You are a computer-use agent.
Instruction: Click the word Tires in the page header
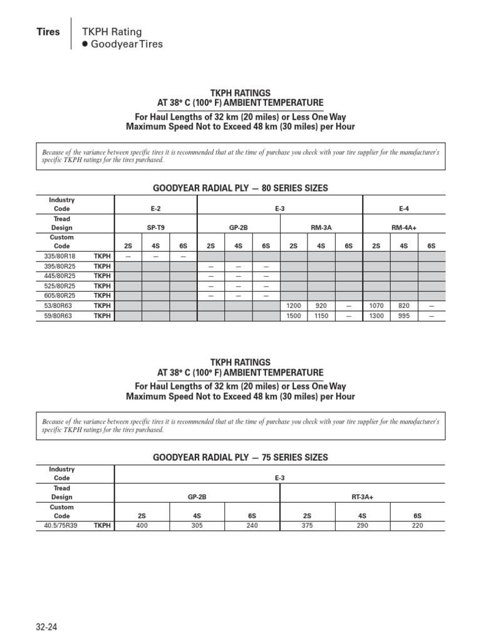48,32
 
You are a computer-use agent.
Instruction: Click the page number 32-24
48,627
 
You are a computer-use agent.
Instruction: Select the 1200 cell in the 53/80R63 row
294,305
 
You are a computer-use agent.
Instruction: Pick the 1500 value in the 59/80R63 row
294,315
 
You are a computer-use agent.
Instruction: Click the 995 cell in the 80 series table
403,315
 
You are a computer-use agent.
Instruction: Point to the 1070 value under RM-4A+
376,305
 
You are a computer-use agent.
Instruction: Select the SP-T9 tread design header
156,228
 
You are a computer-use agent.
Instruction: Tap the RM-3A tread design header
321,228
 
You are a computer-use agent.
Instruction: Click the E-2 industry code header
156,209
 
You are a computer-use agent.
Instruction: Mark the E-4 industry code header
404,209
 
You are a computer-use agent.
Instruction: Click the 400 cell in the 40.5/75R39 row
142,526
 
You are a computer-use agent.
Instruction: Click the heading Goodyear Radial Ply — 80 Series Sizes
240,188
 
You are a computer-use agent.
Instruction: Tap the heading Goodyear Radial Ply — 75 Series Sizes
240,458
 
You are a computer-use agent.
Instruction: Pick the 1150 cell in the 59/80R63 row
321,315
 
